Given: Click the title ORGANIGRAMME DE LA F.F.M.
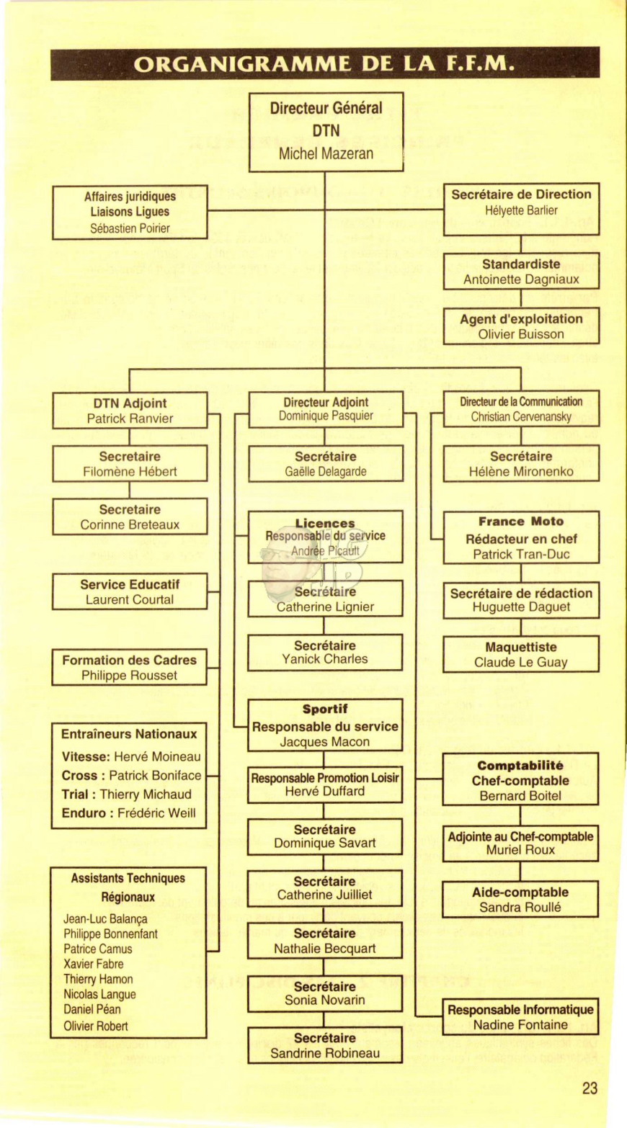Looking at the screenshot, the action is pyautogui.click(x=324, y=64).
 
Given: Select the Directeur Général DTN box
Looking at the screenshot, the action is pyautogui.click(x=326, y=132).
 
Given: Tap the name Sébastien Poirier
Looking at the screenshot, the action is pyautogui.click(x=130, y=228).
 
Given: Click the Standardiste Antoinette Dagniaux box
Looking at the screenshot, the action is pyautogui.click(x=521, y=272).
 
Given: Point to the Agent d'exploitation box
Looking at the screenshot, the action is pyautogui.click(x=521, y=326).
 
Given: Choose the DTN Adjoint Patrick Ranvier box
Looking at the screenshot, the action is pyautogui.click(x=130, y=411).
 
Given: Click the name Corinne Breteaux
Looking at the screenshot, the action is pyautogui.click(x=130, y=524).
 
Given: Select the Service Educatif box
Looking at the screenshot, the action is pyautogui.click(x=130, y=591).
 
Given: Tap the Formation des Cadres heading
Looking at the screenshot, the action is pyautogui.click(x=130, y=661).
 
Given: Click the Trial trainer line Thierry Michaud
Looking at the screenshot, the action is pyautogui.click(x=127, y=794).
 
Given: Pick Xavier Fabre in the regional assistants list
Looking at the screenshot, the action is pyautogui.click(x=93, y=964).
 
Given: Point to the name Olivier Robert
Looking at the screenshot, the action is pyautogui.click(x=96, y=1026).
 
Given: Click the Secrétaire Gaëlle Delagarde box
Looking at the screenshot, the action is pyautogui.click(x=326, y=463).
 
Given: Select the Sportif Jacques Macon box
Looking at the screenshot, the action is pyautogui.click(x=325, y=725).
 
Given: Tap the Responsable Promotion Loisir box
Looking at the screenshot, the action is pyautogui.click(x=325, y=785).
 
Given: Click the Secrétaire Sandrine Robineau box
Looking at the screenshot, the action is pyautogui.click(x=325, y=1045).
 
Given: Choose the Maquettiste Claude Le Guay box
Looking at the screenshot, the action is pyautogui.click(x=521, y=654).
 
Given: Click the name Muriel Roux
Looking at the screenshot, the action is pyautogui.click(x=520, y=850).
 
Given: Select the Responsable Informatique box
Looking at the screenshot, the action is pyautogui.click(x=520, y=1016).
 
